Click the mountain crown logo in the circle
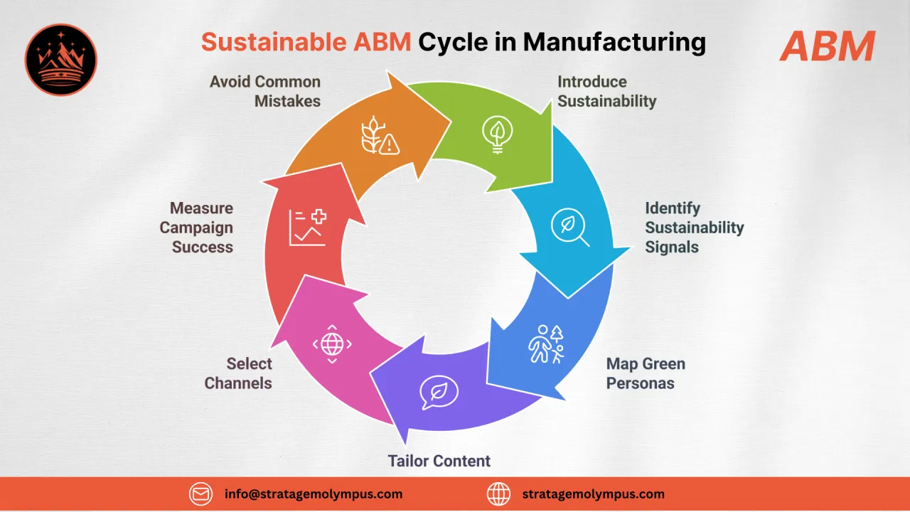pos(61,60)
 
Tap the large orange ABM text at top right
pos(827,47)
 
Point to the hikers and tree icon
pos(546,344)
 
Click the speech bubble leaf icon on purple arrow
pos(439,393)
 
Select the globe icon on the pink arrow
pos(332,344)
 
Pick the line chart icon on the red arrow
pos(308,228)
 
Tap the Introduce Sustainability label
pos(606,92)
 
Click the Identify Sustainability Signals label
pos(694,228)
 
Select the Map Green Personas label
pos(645,373)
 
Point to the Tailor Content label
pos(439,461)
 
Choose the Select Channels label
pos(238,373)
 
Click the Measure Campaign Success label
pos(196,228)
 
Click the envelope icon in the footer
pos(201,494)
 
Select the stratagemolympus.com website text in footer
pos(593,494)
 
